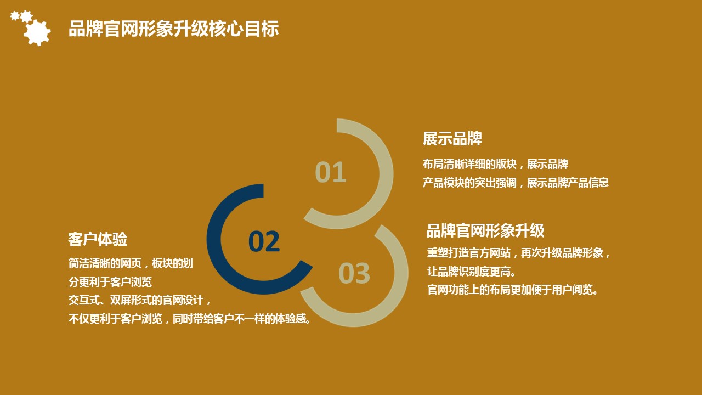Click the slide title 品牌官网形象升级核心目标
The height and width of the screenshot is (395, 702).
174,29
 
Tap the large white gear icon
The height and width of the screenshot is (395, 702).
37,32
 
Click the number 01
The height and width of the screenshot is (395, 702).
331,172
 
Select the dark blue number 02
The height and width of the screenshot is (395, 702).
264,241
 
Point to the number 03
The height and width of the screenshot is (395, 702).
354,273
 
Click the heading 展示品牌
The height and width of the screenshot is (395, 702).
452,139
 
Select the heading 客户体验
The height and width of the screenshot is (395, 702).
98,240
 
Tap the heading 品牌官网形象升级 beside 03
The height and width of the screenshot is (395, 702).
485,231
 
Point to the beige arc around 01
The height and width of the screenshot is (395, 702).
387,174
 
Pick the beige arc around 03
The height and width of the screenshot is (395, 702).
401,272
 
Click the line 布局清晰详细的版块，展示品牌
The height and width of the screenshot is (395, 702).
495,164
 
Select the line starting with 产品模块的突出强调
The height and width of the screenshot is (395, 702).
516,183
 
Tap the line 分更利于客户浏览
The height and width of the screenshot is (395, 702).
110,282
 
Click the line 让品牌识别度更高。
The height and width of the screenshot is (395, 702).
471,272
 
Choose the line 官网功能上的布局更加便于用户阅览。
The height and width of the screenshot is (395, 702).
513,290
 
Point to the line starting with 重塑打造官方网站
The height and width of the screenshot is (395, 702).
518,253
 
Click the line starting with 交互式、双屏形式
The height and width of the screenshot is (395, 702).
139,300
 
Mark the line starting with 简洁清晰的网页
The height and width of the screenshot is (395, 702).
131,263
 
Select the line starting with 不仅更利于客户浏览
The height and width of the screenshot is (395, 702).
190,319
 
